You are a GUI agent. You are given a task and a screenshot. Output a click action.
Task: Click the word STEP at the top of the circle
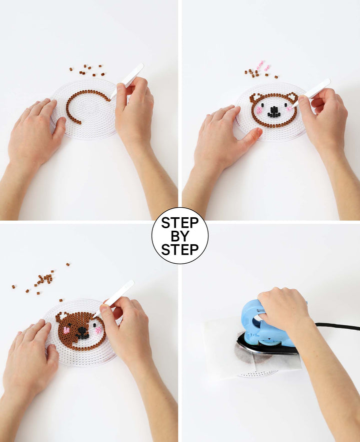180,223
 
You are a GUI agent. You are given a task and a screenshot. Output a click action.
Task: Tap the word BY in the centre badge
180,236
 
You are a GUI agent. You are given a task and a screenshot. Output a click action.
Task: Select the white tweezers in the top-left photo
127,80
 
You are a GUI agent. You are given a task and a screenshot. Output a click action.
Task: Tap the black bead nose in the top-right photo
273,112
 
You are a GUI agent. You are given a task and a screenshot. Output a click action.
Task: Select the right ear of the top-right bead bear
292,97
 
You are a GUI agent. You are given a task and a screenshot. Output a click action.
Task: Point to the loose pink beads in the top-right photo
263,66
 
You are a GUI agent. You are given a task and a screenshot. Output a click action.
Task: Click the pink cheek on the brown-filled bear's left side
66,330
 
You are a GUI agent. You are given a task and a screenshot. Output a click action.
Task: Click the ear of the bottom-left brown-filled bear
61,316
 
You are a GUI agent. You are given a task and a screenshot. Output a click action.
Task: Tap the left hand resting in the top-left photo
34,132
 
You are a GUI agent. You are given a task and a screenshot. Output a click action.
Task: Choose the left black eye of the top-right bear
262,105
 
